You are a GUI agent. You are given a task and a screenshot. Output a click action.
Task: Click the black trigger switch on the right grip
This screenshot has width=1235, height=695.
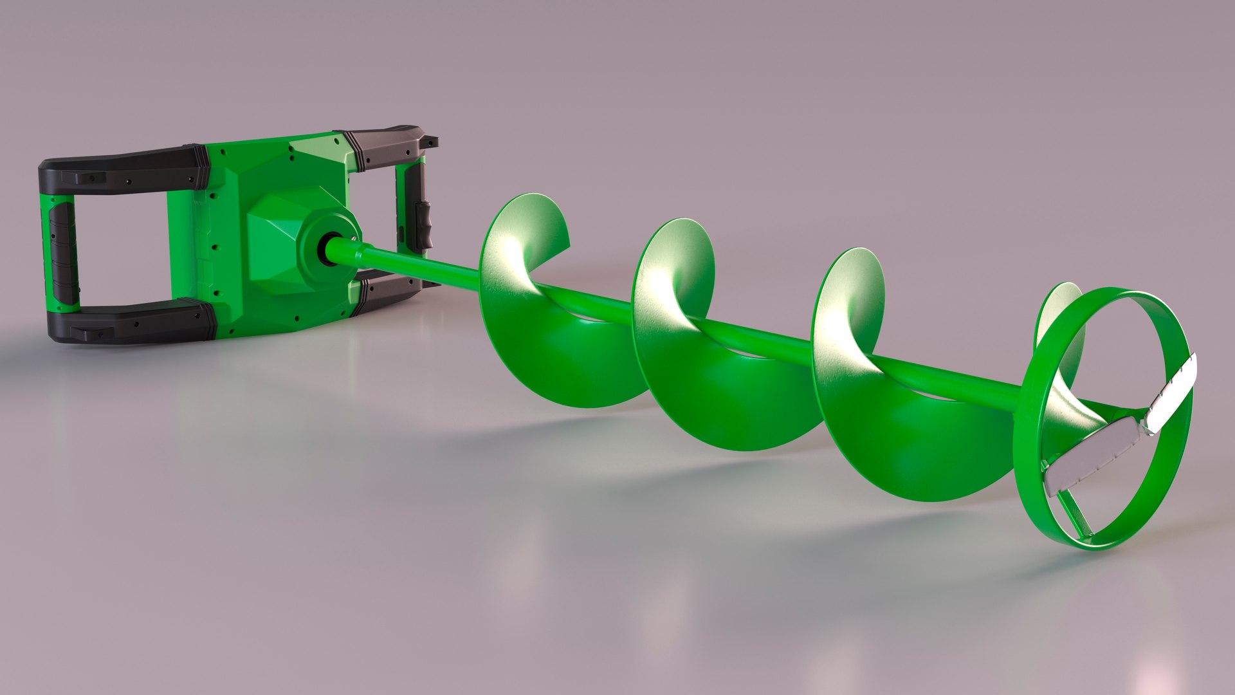(424, 222)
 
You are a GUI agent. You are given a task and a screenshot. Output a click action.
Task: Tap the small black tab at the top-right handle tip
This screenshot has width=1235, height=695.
(432, 140)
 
